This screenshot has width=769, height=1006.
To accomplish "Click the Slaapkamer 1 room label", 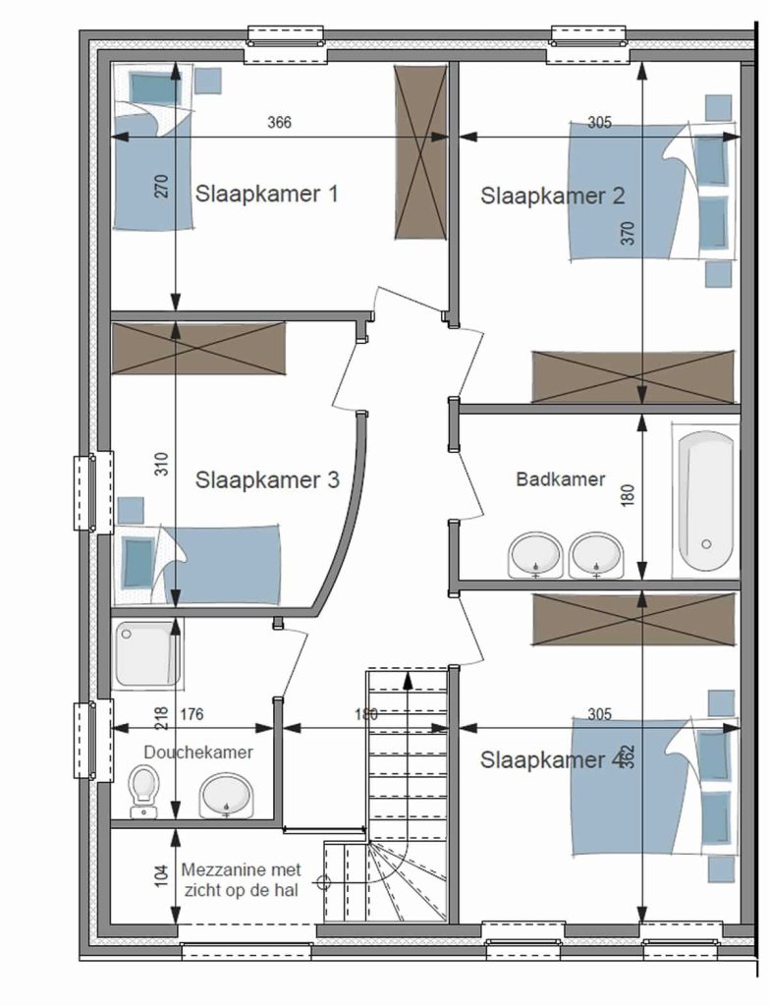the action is (x=267, y=194).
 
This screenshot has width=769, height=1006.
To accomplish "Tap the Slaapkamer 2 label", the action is (x=552, y=196).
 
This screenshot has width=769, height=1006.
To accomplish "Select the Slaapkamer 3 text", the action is (x=267, y=479).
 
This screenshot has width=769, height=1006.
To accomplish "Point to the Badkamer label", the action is (x=561, y=479).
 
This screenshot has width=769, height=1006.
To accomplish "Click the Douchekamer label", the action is (x=198, y=752).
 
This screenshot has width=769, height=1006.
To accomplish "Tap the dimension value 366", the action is (x=279, y=122).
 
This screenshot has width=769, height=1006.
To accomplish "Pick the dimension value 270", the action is (x=162, y=186).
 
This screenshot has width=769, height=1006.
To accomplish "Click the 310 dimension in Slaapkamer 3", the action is (x=162, y=464).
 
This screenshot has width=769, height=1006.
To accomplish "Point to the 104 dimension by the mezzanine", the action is (x=162, y=875).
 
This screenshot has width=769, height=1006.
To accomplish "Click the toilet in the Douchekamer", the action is (x=144, y=793).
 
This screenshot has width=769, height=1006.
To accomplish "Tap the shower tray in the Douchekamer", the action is (x=147, y=654).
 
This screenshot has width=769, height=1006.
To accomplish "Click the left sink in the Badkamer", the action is (x=535, y=555).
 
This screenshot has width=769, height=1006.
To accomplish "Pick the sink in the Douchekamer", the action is (x=227, y=796).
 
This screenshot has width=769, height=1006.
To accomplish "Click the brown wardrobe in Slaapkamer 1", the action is (x=419, y=152).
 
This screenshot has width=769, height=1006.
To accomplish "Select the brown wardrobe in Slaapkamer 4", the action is (x=633, y=618).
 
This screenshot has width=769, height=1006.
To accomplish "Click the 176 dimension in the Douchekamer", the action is (x=192, y=714).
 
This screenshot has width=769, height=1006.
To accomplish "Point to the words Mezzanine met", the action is (x=242, y=870).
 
